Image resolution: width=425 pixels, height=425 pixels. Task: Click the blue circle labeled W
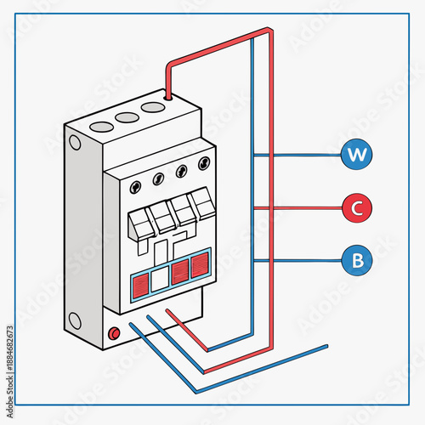(356, 155)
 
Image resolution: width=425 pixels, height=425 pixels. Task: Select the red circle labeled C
(356, 207)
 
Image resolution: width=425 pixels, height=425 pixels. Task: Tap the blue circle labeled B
(356, 259)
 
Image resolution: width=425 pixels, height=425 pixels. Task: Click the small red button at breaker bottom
(113, 334)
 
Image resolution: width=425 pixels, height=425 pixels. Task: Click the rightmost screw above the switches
(203, 162)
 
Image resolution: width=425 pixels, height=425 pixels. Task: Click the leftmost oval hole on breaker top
(101, 126)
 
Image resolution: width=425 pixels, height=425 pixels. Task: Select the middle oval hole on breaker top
(127, 117)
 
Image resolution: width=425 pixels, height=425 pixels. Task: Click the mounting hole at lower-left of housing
(74, 320)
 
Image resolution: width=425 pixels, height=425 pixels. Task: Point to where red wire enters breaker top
(168, 98)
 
